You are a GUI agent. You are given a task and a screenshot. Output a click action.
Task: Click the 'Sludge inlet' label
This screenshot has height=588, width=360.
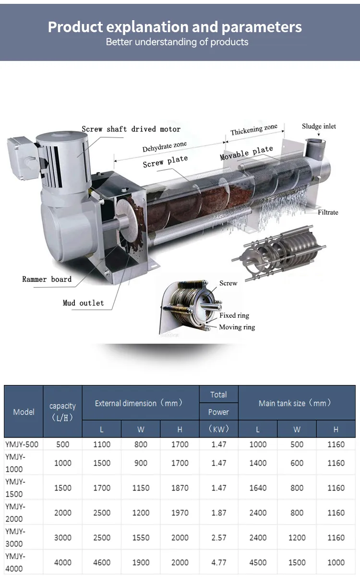point(319,126)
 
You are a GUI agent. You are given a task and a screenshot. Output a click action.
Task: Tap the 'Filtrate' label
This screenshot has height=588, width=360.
point(328,212)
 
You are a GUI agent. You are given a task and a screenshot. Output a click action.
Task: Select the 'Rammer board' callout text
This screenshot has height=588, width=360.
point(47,279)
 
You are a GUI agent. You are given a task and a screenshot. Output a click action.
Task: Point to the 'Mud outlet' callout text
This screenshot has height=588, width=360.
point(83,303)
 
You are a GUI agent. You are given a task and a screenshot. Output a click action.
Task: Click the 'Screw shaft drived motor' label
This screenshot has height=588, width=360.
point(131,129)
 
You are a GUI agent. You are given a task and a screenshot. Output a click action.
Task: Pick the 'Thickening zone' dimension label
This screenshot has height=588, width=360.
point(254,130)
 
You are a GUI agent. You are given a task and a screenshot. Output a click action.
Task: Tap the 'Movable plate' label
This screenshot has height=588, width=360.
point(246,153)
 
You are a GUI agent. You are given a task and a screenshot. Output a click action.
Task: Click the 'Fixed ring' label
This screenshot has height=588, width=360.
point(234,315)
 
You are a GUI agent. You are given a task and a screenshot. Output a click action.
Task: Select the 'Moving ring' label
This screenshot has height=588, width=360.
point(237,327)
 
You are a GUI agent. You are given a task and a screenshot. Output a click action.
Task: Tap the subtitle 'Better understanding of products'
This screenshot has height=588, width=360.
point(177,42)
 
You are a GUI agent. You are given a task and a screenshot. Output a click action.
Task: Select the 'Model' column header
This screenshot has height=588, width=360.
point(24,412)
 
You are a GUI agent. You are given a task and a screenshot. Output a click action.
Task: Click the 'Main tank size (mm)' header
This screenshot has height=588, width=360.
point(295,403)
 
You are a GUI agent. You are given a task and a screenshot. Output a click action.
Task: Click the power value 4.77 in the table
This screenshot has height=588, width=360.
point(218,562)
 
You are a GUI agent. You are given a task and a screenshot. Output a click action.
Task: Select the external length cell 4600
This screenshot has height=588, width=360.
point(102,562)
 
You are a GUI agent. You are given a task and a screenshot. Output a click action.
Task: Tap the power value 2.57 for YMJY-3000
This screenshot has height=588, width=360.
point(218,538)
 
